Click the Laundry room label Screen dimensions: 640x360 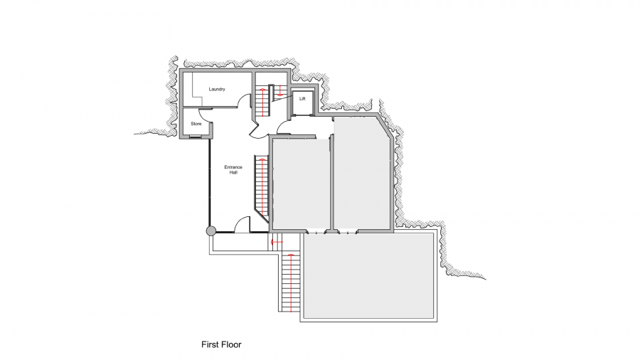tap(217, 90)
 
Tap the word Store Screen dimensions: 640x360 tap(196, 124)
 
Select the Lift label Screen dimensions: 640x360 tap(302, 99)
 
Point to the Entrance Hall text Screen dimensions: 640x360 tap(233, 170)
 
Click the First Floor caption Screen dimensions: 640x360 tap(221, 344)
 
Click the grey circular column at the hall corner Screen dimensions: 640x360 tap(210, 231)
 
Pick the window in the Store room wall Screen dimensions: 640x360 tap(196, 137)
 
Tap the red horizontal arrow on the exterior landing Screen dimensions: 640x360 tap(277, 243)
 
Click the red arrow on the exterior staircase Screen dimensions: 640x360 tap(291, 283)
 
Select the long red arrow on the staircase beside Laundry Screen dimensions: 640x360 tap(261, 101)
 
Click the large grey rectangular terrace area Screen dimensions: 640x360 tap(368, 276)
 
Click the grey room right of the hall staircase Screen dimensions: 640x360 tap(302, 184)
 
